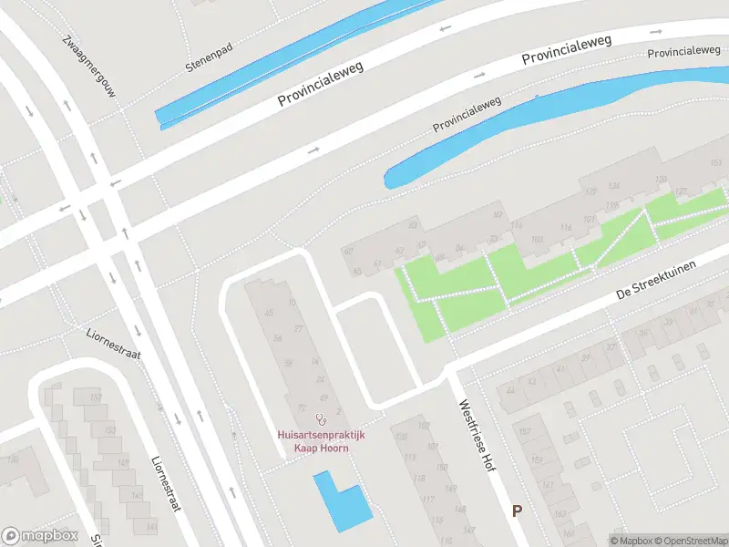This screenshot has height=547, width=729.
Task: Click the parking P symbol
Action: point(517,511)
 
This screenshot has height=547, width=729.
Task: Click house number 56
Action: point(278,338)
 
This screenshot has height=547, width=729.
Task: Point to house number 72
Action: point(302,408)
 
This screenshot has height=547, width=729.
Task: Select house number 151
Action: point(715,162)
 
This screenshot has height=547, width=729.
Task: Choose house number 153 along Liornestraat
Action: point(110,429)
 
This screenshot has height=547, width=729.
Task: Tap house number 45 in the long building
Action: point(268,313)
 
